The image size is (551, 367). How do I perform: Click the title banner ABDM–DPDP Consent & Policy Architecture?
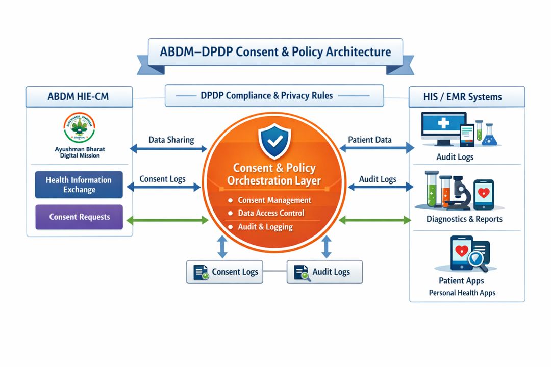pos(275,52)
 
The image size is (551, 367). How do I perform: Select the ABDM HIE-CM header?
pos(79,96)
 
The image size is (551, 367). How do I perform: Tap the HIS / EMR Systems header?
pos(466,97)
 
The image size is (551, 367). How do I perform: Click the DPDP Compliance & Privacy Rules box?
pos(274,95)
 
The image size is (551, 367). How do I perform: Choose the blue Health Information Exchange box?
pos(79,185)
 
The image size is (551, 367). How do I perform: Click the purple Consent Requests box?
pos(79,217)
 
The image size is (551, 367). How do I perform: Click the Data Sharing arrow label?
pos(171,140)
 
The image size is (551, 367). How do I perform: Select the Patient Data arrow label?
pos(370,140)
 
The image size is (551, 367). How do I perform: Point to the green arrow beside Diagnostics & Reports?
pos(375,220)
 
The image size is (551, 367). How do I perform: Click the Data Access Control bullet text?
pos(271,213)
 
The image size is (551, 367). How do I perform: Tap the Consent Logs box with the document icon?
pos(224,272)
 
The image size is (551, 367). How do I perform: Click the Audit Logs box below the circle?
pos(324,272)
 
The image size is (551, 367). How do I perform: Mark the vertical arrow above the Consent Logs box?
pos(222,247)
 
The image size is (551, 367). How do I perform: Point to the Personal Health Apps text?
pos(462,293)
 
